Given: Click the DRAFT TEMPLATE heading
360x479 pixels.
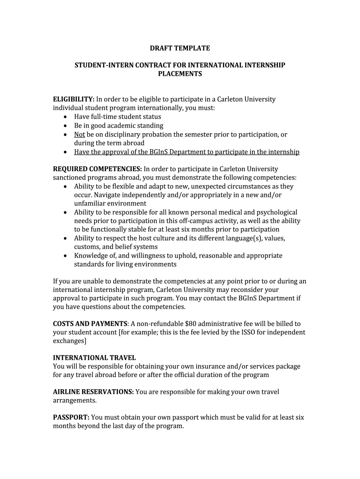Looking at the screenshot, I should pos(180,48).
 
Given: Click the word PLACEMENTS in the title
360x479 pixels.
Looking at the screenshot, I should pos(180,74).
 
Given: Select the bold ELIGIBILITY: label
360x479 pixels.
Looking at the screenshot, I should pos(74,99).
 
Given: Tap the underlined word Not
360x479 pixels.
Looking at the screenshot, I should pos(79,134).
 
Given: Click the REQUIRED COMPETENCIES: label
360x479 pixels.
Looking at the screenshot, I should pos(97,169).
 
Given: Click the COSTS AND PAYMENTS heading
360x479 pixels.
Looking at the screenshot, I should pos(90,324).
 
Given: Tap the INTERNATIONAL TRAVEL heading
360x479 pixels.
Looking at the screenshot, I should pos(94,358).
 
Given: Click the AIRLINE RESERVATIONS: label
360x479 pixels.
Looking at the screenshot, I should pos(94,392).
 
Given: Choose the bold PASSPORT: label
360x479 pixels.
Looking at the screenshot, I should pos(71,417).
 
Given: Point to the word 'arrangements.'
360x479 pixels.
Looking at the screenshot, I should pos(75,401).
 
